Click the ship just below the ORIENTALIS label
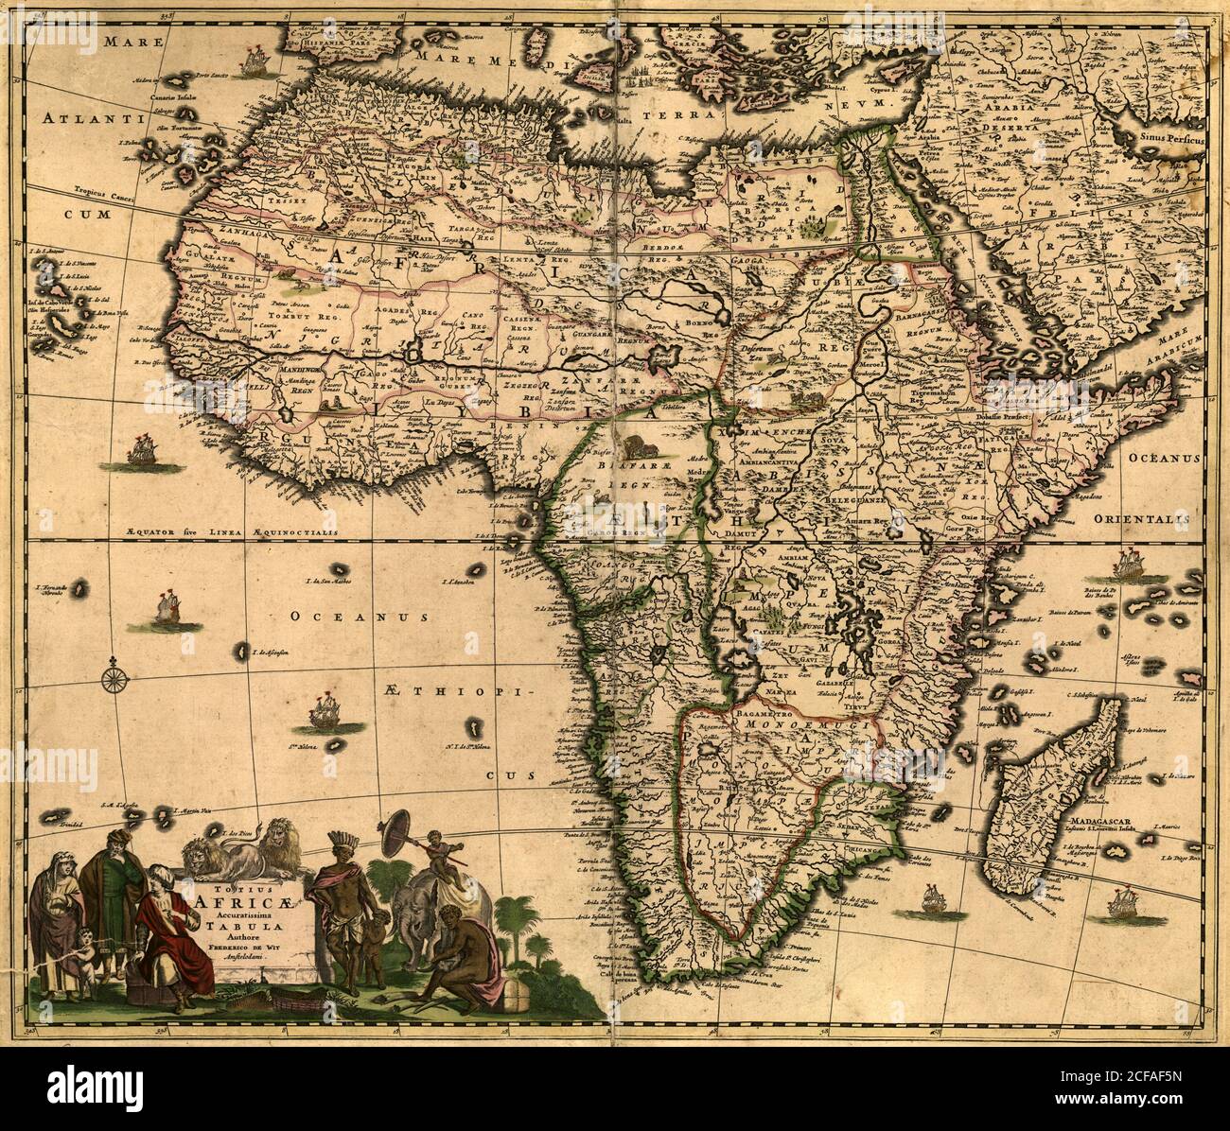1131,566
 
